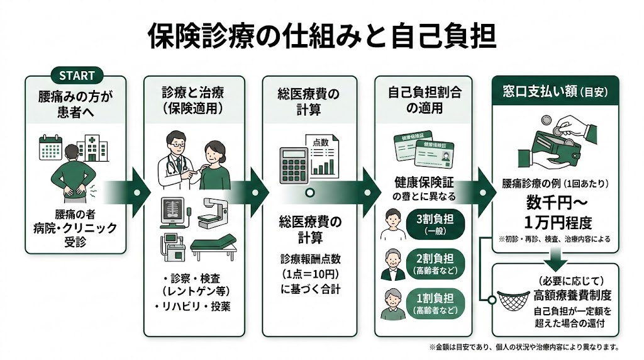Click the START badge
pyautogui.click(x=76, y=76)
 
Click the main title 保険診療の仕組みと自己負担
pyautogui.click(x=321, y=36)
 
